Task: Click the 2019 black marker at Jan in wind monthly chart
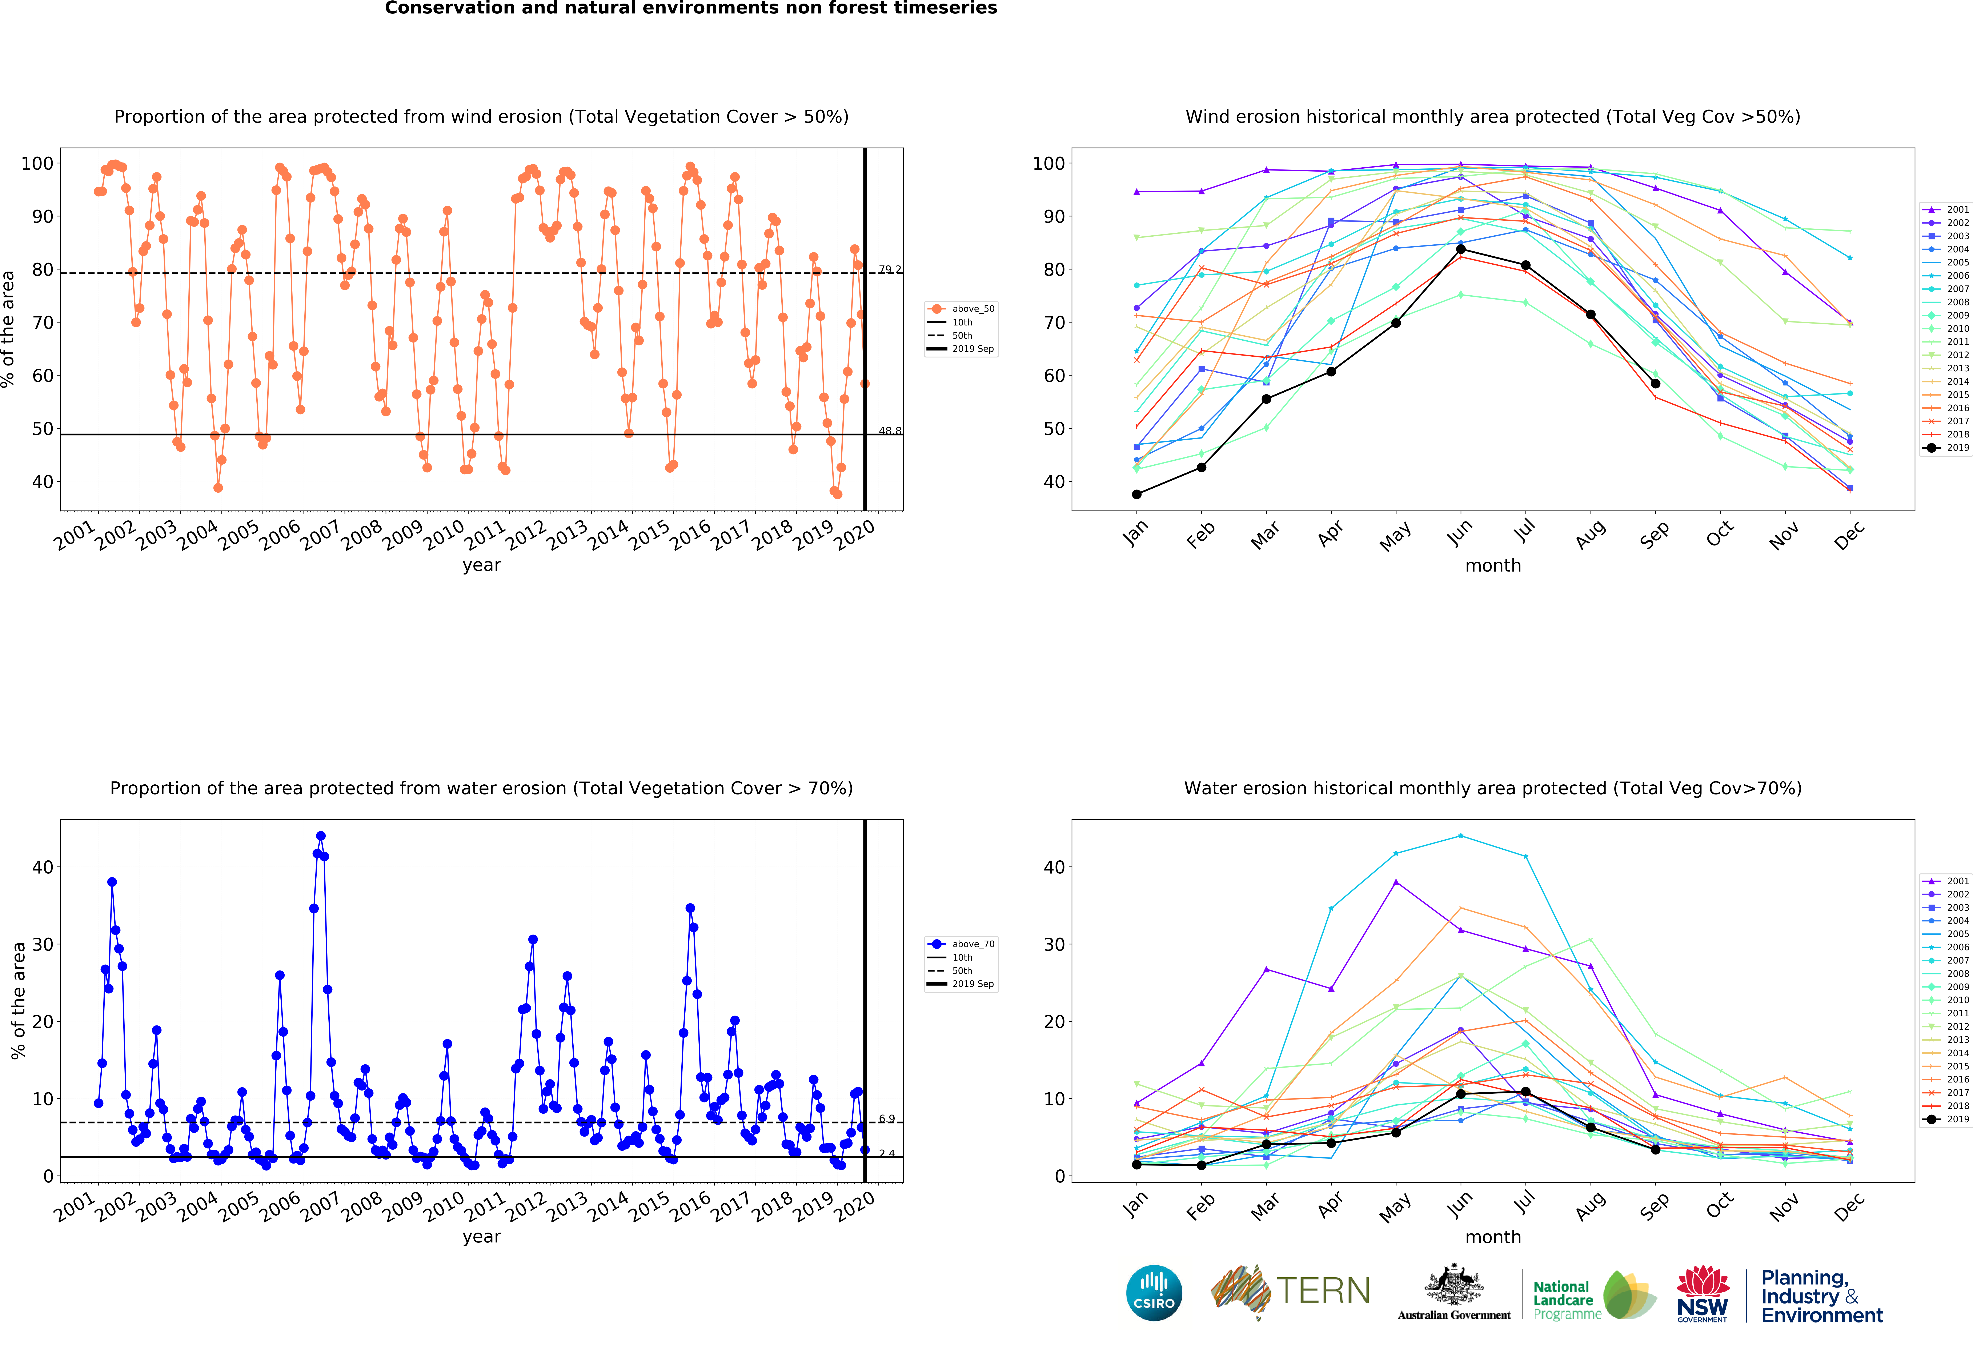point(1137,494)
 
